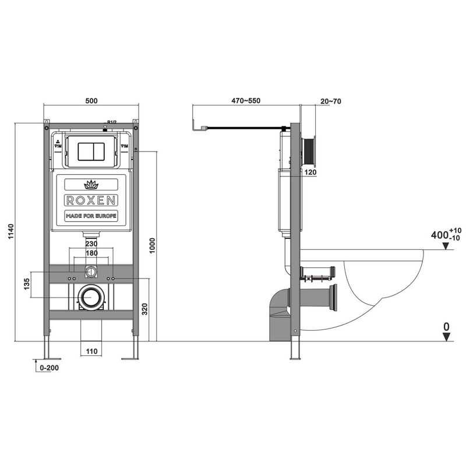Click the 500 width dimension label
click(91, 101)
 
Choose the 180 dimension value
click(91, 254)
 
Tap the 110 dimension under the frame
click(91, 351)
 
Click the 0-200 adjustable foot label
click(48, 368)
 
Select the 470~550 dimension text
click(245, 101)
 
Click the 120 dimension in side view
click(310, 172)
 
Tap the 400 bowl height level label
click(440, 235)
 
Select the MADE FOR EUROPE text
click(91, 216)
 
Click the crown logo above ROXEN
click(91, 185)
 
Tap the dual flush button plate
click(91, 150)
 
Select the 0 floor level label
click(446, 327)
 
